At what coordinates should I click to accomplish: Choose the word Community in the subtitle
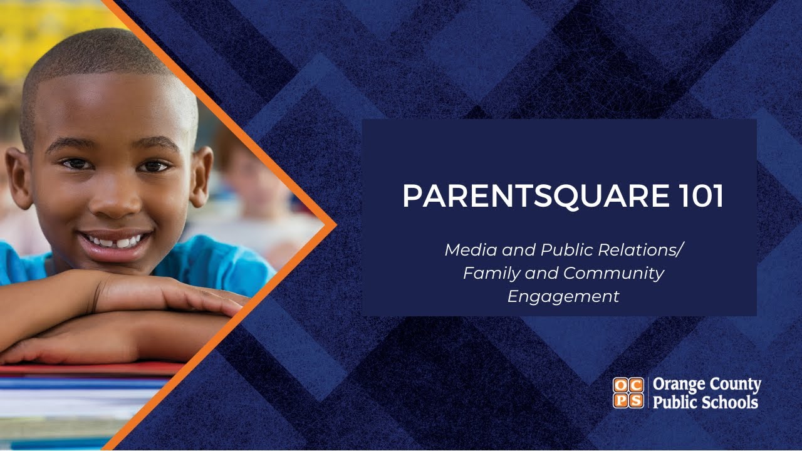(x=613, y=273)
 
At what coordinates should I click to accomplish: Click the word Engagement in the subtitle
(x=563, y=296)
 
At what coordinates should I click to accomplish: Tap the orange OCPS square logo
(x=628, y=393)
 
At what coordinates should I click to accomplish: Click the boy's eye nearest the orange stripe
(x=154, y=166)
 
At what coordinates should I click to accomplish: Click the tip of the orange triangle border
(x=335, y=225)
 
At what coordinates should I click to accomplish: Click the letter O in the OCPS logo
(x=620, y=385)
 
